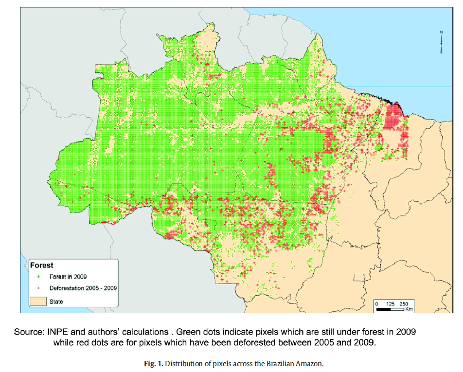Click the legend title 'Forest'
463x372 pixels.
pos(42,266)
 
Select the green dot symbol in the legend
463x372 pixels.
pos(38,277)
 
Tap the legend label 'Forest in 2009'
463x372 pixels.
pos(68,277)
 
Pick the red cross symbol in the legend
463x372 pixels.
pos(38,288)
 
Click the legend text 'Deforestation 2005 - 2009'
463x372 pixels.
pos(83,288)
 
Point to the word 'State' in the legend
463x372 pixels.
pos(56,301)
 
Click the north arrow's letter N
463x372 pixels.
pos(441,33)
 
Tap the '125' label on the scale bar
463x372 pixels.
pos(391,303)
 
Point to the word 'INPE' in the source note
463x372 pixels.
pos(58,333)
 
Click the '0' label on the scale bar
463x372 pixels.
pos(377,303)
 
